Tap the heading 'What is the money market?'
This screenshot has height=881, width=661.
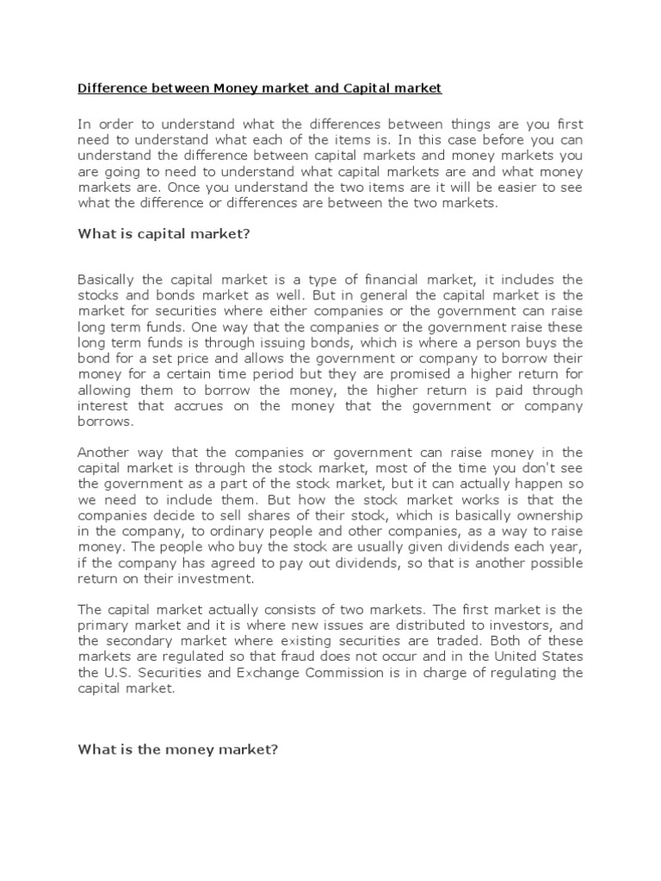tap(178, 749)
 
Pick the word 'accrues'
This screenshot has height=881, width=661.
tap(190, 406)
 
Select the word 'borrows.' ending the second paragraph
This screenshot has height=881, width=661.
tap(107, 422)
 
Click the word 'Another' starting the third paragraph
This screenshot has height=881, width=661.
tap(105, 453)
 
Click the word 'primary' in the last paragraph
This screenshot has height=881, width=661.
tap(102, 625)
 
